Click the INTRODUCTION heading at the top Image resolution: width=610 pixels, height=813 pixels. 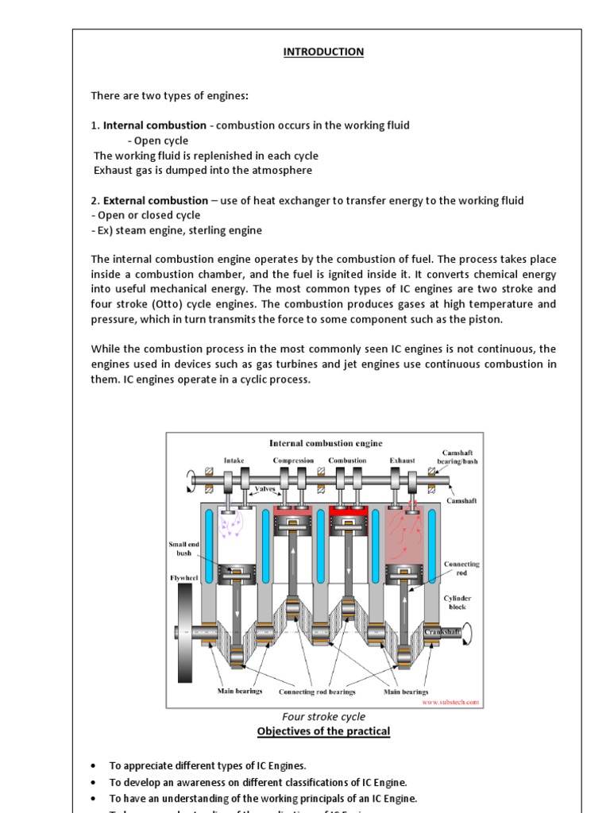click(x=324, y=52)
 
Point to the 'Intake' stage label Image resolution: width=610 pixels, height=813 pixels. click(x=234, y=460)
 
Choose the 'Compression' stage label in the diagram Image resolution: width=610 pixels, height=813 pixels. click(x=293, y=460)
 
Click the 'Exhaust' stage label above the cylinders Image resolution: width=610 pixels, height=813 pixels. click(x=402, y=460)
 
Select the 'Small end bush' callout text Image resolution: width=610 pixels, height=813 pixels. click(x=180, y=549)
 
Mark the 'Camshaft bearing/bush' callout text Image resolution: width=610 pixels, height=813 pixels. click(x=460, y=457)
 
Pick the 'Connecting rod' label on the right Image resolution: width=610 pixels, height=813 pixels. click(x=461, y=568)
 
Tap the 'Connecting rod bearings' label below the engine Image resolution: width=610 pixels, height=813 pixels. click(x=317, y=692)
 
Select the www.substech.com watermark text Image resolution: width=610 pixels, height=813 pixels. click(x=450, y=702)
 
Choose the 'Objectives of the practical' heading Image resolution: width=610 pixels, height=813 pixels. click(x=325, y=731)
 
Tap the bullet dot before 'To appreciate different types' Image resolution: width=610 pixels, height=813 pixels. click(x=94, y=765)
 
